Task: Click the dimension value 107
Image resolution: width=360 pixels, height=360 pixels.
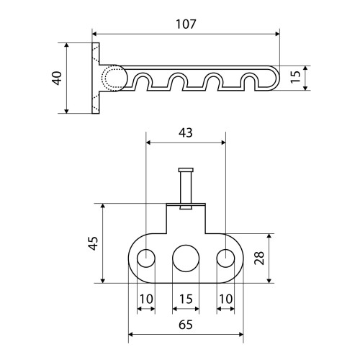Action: tap(186, 24)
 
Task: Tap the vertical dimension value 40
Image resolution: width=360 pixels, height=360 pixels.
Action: tap(57, 78)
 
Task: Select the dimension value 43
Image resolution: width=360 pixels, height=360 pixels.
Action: tap(186, 132)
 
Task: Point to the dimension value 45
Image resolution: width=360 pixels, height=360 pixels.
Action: tap(93, 243)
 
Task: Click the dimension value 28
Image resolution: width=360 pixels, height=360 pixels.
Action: tap(259, 258)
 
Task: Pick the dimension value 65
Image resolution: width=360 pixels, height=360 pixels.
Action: tap(186, 325)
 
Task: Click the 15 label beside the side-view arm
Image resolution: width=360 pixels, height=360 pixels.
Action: tap(296, 77)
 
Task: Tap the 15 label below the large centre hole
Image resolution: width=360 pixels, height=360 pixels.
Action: tap(186, 299)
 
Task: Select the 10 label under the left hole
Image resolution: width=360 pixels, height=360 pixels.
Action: tap(146, 299)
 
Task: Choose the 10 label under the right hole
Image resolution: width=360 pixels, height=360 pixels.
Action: tap(226, 299)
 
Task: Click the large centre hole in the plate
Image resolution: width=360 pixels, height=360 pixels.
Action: tap(186, 258)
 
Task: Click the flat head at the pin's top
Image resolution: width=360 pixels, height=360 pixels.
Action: tap(186, 170)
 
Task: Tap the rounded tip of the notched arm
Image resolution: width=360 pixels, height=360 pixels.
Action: tap(279, 78)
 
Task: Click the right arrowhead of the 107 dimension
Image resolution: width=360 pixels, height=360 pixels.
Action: tap(277, 34)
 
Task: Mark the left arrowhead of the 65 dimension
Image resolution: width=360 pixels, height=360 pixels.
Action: tap(131, 334)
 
